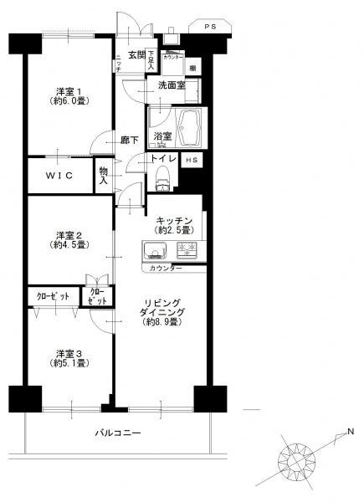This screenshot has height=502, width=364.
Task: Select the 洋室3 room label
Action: [69, 357]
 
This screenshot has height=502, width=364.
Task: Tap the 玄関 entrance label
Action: [136, 55]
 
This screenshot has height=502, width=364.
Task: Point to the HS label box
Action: [192, 160]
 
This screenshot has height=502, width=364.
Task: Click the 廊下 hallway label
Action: [129, 141]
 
